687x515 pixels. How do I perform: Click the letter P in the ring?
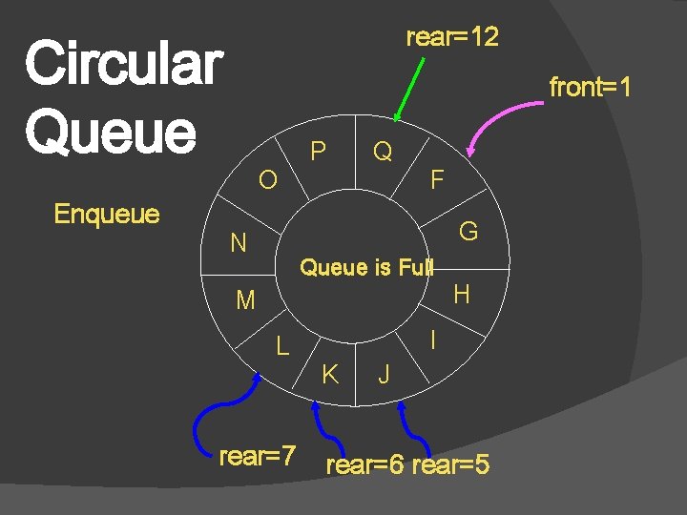click(319, 152)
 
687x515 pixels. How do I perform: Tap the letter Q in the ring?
click(383, 151)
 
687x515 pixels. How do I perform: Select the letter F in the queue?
click(437, 179)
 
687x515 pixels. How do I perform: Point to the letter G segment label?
click(468, 232)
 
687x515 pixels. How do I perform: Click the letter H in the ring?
click(462, 295)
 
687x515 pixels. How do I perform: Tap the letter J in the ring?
click(384, 375)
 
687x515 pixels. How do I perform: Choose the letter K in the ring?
click(330, 374)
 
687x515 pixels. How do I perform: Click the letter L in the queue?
click(282, 346)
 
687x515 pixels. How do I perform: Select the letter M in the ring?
click(245, 301)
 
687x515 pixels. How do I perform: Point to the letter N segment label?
click(239, 244)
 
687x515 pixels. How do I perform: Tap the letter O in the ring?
click(268, 179)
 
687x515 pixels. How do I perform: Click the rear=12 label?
click(452, 38)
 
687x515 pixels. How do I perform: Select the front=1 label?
click(590, 88)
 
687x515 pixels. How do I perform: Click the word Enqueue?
click(107, 213)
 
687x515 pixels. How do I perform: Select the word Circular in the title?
click(123, 64)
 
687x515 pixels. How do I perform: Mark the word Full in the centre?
click(416, 268)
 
